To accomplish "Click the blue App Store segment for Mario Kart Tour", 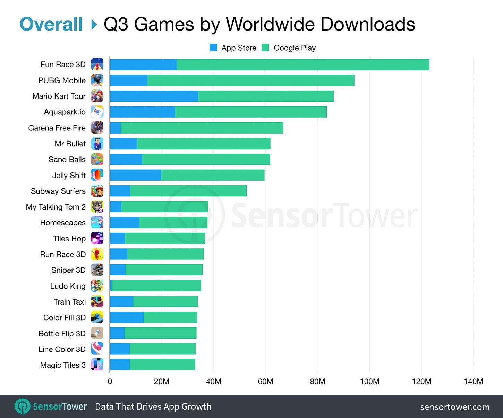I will point(154,96).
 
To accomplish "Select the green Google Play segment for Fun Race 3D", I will point(303,65).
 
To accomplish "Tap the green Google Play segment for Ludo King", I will point(156,285).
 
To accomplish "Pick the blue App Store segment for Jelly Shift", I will point(136,175).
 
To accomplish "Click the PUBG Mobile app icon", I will point(97,80).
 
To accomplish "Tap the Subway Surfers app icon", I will point(97,191).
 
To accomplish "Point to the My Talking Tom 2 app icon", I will point(97,207).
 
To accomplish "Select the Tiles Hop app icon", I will point(97,238).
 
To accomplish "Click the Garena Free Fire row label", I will point(57,128).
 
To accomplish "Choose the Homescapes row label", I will point(63,223).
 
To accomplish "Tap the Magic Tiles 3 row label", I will point(63,365).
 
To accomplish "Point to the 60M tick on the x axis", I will point(265,382).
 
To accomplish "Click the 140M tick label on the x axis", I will point(473,382).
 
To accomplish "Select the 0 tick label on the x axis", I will point(110,382).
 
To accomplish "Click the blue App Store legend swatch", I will point(213,48).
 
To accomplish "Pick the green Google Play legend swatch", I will point(265,48).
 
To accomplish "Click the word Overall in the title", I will point(51,24).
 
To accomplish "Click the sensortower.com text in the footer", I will point(455,407).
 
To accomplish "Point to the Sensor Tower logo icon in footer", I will point(23,406).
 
